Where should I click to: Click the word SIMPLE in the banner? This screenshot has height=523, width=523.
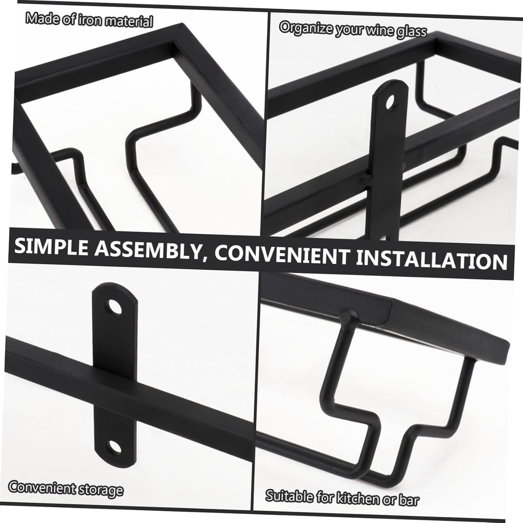[x=52, y=247]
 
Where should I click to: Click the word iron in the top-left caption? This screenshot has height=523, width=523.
[x=90, y=20]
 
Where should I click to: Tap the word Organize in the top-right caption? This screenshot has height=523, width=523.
[x=306, y=28]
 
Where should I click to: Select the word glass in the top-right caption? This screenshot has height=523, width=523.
[x=412, y=32]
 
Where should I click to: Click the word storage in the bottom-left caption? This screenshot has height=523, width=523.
[x=101, y=489]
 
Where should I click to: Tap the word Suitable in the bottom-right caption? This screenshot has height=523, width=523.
[x=289, y=496]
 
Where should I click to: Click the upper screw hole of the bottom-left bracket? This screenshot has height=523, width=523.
[x=114, y=307]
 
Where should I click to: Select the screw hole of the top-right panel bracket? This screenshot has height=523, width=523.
[x=390, y=102]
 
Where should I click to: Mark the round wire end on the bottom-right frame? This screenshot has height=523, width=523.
[x=347, y=316]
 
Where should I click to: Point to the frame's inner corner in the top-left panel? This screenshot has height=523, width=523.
[x=174, y=42]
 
